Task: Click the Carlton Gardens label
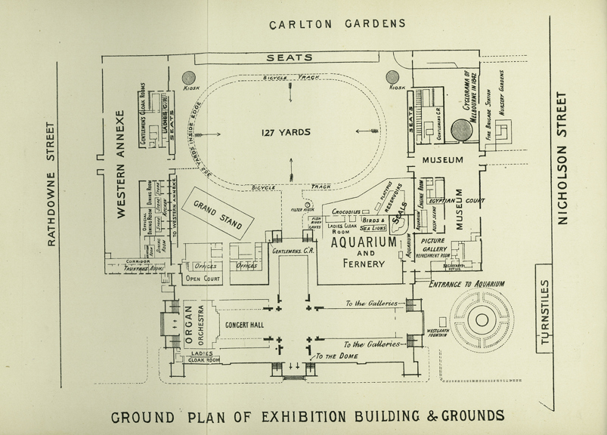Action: (x=338, y=23)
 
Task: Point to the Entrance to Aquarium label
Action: (x=466, y=285)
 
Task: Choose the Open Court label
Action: (x=201, y=279)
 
